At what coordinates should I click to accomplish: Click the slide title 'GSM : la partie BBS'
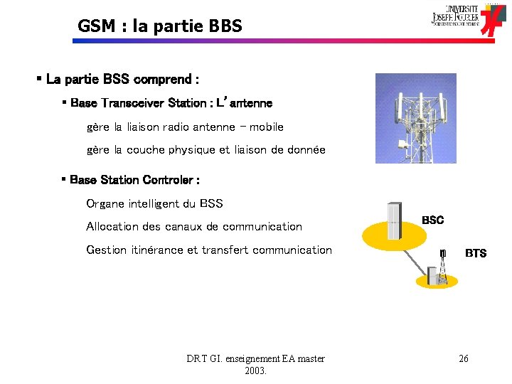click(x=160, y=27)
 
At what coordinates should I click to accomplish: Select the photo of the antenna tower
click(x=415, y=117)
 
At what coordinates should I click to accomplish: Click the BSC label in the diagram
click(x=432, y=220)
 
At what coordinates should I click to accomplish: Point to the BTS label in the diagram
click(x=475, y=253)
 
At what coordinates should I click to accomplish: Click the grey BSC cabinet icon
click(x=394, y=222)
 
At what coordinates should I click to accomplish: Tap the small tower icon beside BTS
click(x=442, y=253)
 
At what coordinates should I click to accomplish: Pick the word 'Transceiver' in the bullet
click(x=133, y=103)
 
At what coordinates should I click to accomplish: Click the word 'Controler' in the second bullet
click(x=171, y=180)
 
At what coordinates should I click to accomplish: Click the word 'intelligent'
click(x=154, y=204)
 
